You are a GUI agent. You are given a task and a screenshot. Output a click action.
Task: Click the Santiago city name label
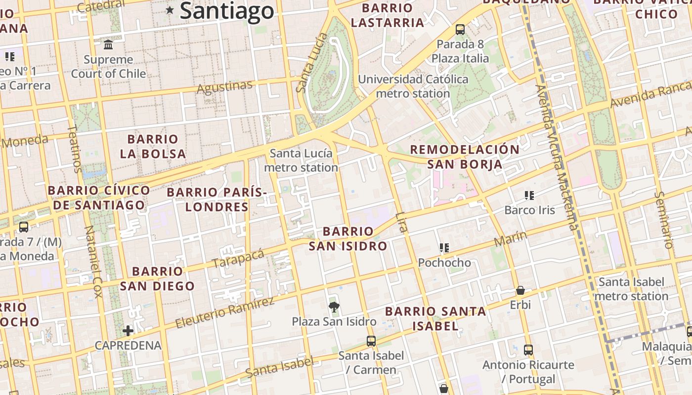(x=226, y=11)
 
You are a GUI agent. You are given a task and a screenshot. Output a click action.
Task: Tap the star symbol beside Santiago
(x=170, y=10)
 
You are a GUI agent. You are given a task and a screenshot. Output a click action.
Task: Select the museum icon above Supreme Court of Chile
(x=108, y=45)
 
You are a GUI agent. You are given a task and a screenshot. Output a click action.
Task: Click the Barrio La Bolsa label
(x=153, y=146)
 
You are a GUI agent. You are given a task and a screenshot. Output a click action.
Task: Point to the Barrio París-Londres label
(x=217, y=199)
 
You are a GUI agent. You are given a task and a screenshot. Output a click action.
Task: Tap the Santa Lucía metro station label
(x=301, y=160)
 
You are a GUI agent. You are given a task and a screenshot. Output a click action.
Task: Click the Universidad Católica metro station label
(x=413, y=86)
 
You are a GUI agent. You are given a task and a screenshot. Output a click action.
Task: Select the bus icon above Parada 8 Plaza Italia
(x=460, y=30)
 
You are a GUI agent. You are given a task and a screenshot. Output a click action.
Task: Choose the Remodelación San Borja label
(x=465, y=157)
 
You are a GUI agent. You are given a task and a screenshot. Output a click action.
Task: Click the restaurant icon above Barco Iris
(x=529, y=196)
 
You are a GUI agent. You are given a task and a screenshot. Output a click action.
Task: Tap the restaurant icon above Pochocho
(x=444, y=248)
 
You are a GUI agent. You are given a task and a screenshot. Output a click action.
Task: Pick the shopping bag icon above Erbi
(x=520, y=290)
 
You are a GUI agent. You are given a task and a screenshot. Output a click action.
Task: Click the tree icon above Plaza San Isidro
(x=334, y=307)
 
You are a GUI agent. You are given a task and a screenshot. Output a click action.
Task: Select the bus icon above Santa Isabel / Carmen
(x=371, y=341)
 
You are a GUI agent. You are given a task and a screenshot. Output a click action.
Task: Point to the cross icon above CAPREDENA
(x=128, y=330)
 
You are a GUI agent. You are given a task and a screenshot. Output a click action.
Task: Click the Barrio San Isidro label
(x=348, y=238)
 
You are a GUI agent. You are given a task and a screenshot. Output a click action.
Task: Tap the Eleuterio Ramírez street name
(x=224, y=313)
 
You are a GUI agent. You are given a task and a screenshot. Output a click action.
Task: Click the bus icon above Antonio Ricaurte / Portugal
(x=528, y=350)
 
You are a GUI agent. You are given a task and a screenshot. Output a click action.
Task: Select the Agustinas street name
(x=224, y=87)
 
